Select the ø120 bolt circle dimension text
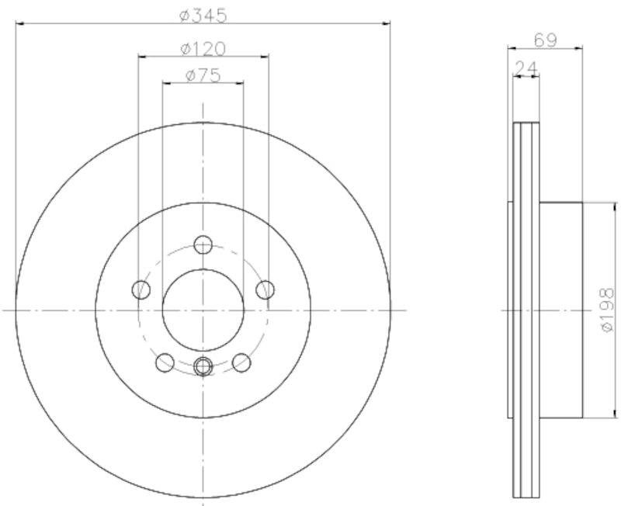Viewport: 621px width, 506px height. coord(203,48)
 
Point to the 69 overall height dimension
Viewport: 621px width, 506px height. coord(545,40)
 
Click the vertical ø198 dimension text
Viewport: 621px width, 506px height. coord(607,310)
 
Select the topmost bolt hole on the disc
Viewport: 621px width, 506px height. coord(203,245)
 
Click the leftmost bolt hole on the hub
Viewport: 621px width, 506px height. coord(141,290)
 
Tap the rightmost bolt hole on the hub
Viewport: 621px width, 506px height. coord(265,290)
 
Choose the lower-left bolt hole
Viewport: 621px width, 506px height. coord(165,362)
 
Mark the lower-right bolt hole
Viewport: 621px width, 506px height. coord(242,362)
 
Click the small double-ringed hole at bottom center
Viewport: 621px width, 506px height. coord(203,366)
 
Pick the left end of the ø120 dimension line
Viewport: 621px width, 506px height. coord(138,57)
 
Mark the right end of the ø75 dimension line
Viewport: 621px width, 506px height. coord(244,82)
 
